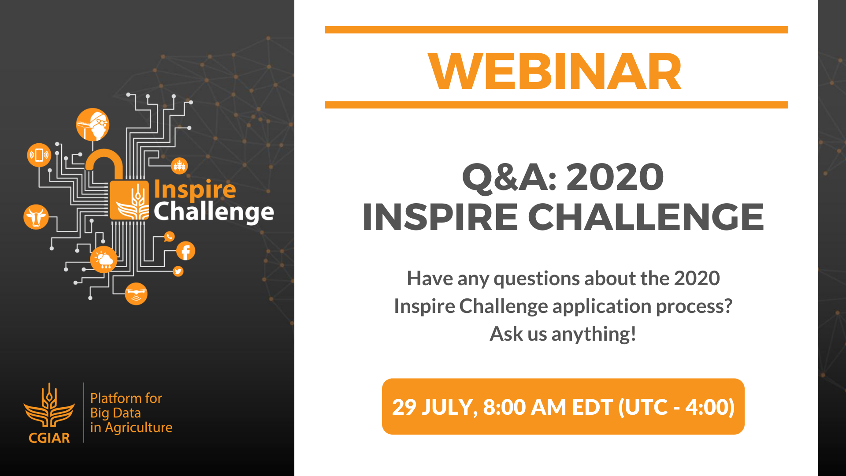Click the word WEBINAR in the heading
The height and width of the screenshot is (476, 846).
coord(555,71)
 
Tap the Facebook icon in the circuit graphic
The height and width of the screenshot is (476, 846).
coord(186,251)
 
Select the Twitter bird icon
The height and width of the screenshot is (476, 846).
coord(178,271)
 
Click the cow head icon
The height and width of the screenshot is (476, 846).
coord(36,217)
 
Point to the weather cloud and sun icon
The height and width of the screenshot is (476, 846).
coord(104,260)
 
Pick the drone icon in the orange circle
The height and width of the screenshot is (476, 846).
coord(136,294)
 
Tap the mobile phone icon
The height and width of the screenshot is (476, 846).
coord(39,155)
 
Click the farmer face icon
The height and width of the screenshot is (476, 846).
coord(93,125)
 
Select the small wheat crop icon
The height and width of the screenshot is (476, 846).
coord(179,166)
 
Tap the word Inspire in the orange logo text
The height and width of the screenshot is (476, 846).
coord(195,190)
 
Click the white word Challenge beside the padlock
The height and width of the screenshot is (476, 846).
coord(214,212)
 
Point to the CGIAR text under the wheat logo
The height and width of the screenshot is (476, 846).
coord(49,438)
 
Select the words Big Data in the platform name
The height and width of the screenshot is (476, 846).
coord(115,413)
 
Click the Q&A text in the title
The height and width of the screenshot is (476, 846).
coord(509,177)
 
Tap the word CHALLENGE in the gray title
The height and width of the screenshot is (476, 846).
coord(646,217)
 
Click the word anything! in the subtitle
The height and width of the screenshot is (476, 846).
coord(594,334)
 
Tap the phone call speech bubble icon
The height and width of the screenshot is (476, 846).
coord(169,237)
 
